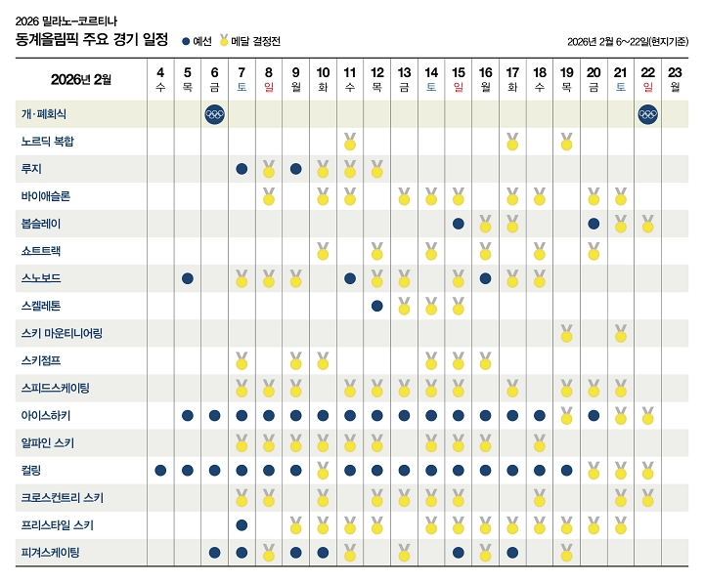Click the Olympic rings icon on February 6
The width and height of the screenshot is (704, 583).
214,114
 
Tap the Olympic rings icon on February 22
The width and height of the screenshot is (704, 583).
647,114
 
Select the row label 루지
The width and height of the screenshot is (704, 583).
31,169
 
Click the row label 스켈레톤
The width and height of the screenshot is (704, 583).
40,306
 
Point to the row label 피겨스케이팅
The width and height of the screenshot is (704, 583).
50,553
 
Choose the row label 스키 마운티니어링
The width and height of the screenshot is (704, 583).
62,333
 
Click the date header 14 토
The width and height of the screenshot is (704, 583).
431,79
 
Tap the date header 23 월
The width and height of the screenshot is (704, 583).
675,79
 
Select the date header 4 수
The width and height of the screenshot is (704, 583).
160,79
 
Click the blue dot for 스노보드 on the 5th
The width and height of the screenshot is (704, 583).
188,278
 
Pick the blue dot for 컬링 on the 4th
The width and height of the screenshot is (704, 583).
160,471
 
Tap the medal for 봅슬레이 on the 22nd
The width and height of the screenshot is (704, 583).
647,224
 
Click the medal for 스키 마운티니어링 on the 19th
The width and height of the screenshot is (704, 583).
566,333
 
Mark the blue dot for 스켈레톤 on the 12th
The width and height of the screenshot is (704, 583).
376,306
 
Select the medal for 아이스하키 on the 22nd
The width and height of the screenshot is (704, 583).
647,415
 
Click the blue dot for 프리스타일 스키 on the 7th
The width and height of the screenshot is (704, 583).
242,525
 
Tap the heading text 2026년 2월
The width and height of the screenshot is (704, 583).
81,79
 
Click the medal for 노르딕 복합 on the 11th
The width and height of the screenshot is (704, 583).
350,142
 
